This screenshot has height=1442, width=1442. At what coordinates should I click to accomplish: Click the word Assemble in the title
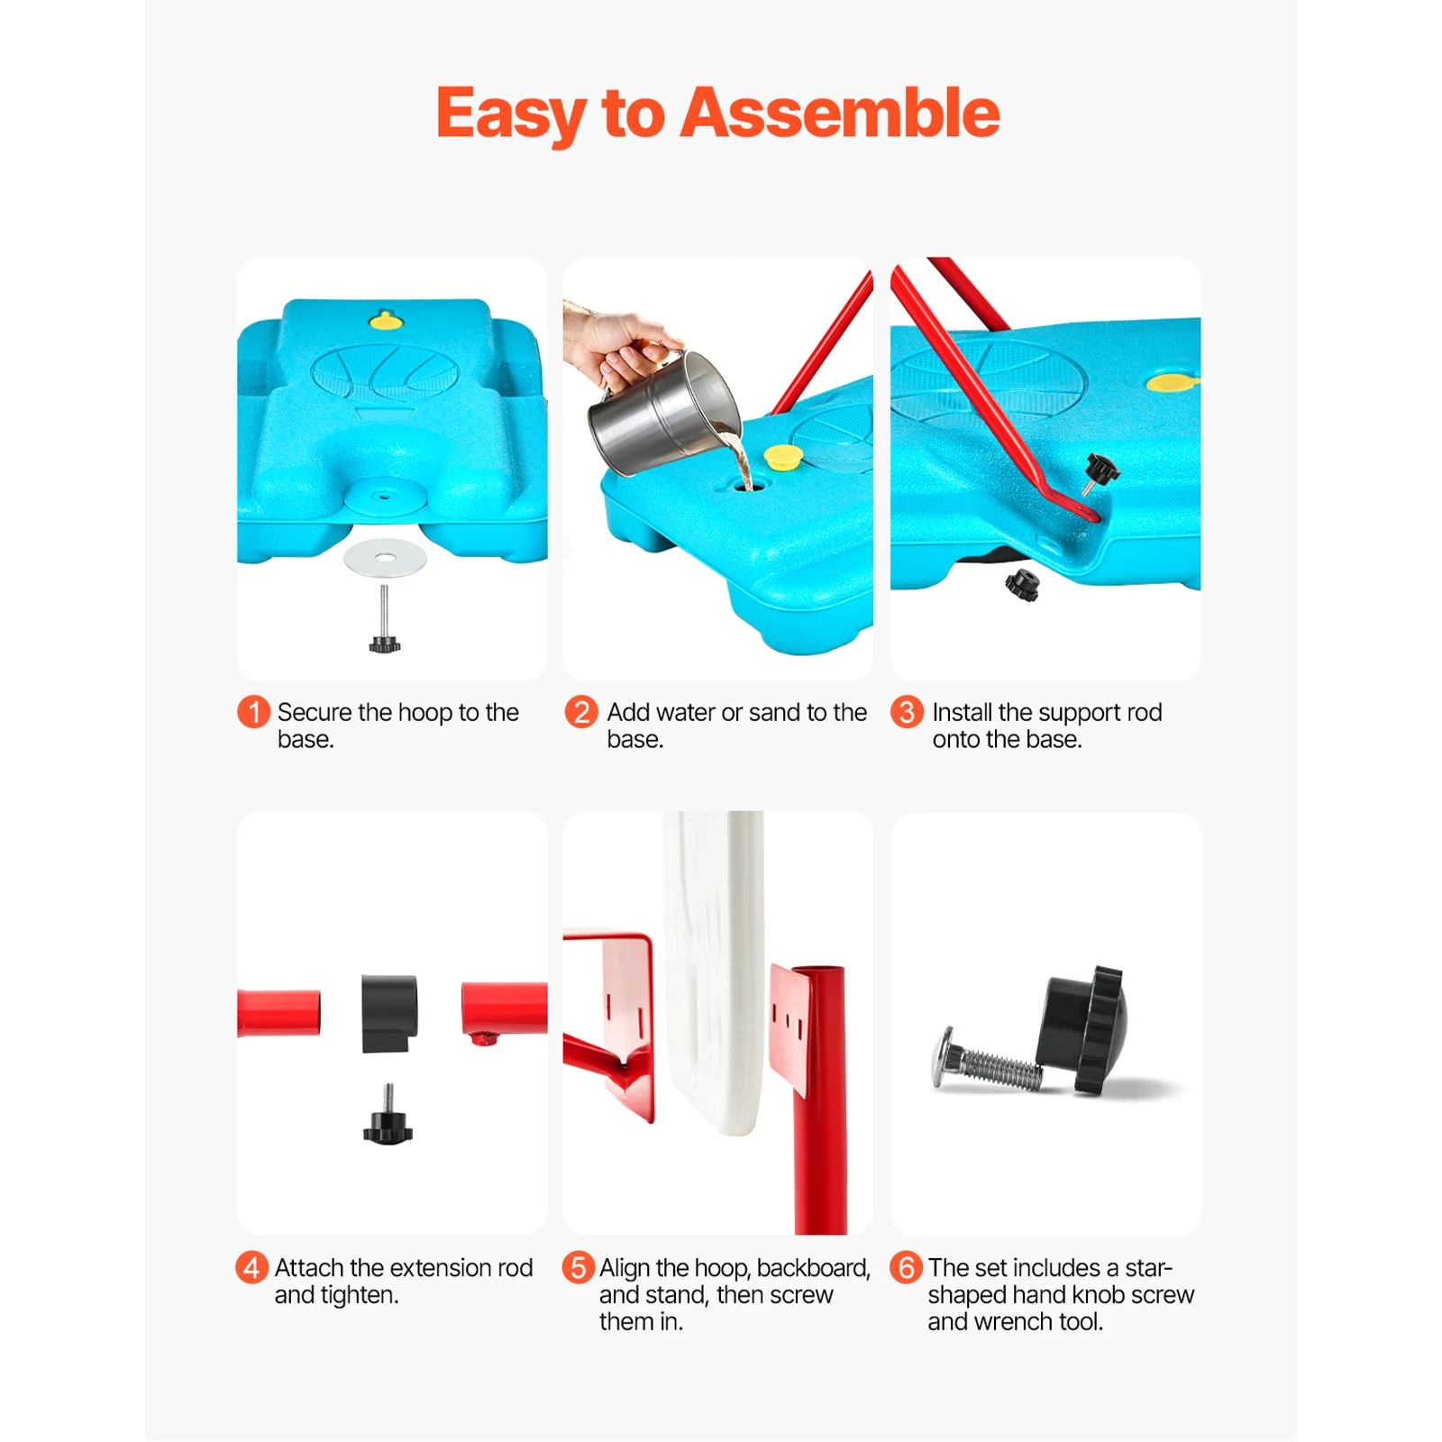point(839,114)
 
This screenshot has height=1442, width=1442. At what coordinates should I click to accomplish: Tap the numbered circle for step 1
point(253,712)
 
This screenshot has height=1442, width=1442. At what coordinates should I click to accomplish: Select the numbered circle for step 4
point(251,1267)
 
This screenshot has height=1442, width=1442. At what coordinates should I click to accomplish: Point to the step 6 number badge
point(906,1267)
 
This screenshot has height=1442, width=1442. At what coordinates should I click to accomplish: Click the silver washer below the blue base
point(385,559)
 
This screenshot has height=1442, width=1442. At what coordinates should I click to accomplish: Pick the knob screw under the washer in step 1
point(384,622)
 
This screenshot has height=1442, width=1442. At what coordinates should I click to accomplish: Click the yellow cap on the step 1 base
point(386,320)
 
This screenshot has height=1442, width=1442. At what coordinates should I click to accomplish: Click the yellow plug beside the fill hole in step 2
point(782,457)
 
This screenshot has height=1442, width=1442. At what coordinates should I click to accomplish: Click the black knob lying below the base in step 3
point(1023,585)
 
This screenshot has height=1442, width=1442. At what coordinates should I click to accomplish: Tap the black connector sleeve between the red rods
point(389,1012)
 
